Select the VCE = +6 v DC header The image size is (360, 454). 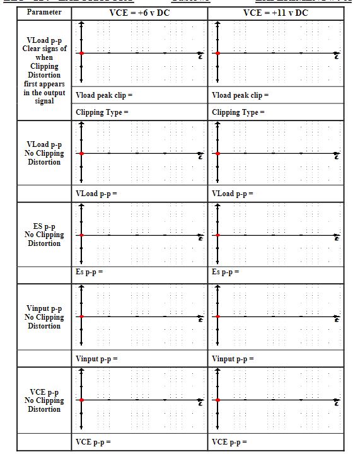pos(140,12)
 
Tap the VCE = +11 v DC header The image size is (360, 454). pos(276,12)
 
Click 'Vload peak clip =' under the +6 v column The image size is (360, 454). pos(104,95)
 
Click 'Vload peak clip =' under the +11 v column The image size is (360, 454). pos(240,95)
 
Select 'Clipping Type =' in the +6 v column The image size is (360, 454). pos(102,112)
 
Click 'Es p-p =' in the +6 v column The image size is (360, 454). pos(89,272)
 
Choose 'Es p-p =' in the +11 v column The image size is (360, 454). pos(226,272)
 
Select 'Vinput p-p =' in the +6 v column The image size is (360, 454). pos(96,359)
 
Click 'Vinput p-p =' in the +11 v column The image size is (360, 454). pos(233,359)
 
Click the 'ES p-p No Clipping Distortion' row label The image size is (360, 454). pos(44,235)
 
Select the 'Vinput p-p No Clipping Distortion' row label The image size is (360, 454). pos(44,317)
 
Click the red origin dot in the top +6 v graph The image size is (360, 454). pos(81,54)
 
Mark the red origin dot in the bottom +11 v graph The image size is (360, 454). pos(218,400)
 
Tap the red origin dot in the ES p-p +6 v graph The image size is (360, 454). pos(81,235)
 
